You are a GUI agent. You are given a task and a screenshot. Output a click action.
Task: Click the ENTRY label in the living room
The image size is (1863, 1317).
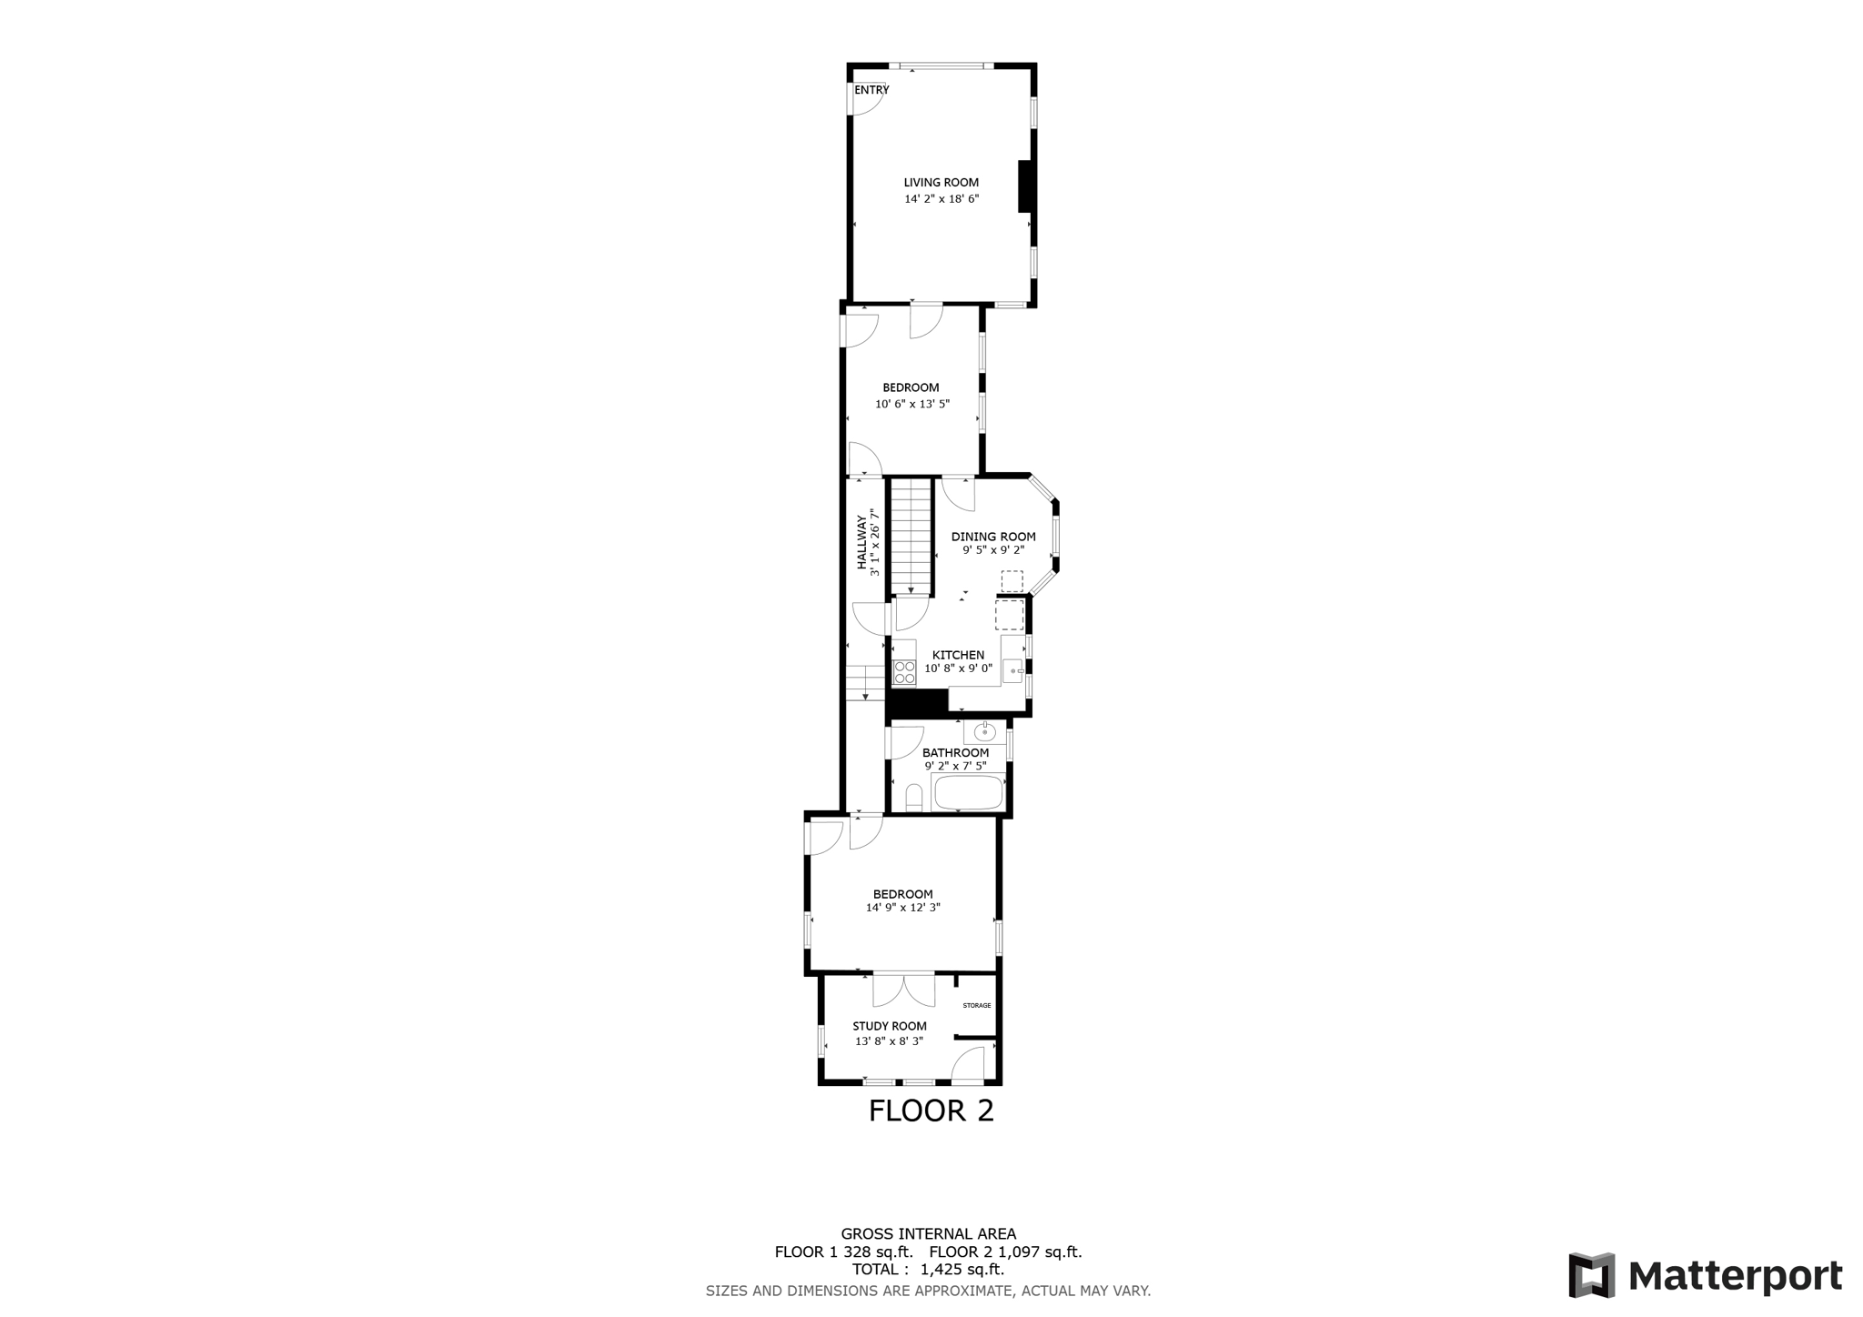coord(871,90)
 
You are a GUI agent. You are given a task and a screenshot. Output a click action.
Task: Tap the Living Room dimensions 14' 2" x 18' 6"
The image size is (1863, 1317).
coord(942,199)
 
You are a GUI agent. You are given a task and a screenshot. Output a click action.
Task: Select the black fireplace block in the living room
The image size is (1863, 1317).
coord(1024,186)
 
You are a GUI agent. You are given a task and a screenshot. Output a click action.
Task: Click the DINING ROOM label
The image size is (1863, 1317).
coord(993,537)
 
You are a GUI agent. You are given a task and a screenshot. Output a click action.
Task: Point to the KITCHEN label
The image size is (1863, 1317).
coord(958,655)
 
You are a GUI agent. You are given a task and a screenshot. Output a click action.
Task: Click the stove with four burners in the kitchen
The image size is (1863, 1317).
coord(904,672)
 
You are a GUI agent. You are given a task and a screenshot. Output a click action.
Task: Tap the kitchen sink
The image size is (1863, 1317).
coord(1012,671)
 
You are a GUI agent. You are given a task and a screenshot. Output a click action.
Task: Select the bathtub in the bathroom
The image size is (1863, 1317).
coord(969,792)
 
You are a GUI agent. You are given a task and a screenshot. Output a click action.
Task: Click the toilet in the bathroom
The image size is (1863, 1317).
coord(914,799)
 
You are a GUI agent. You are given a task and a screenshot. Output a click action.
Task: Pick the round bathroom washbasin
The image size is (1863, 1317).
coord(984,731)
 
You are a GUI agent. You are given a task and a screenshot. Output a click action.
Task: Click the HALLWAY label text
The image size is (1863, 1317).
coord(861,542)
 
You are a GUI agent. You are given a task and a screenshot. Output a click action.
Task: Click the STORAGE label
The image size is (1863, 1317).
coord(977,1005)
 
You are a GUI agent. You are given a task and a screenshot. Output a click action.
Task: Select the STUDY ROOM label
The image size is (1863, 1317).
coord(890,1026)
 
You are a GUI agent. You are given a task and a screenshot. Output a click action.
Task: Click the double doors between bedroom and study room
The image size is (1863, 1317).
coord(904,990)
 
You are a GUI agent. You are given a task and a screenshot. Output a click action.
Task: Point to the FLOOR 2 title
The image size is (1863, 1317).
coord(931,1111)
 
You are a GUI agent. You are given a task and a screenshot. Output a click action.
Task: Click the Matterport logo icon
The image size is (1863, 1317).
coord(1592,1275)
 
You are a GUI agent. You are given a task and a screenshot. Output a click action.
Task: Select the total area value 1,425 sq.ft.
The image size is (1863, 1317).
coord(962,1270)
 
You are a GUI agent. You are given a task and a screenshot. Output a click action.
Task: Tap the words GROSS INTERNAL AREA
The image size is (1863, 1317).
coord(928,1234)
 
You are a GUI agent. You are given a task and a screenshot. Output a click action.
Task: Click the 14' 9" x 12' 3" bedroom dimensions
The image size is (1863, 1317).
coord(902,908)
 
